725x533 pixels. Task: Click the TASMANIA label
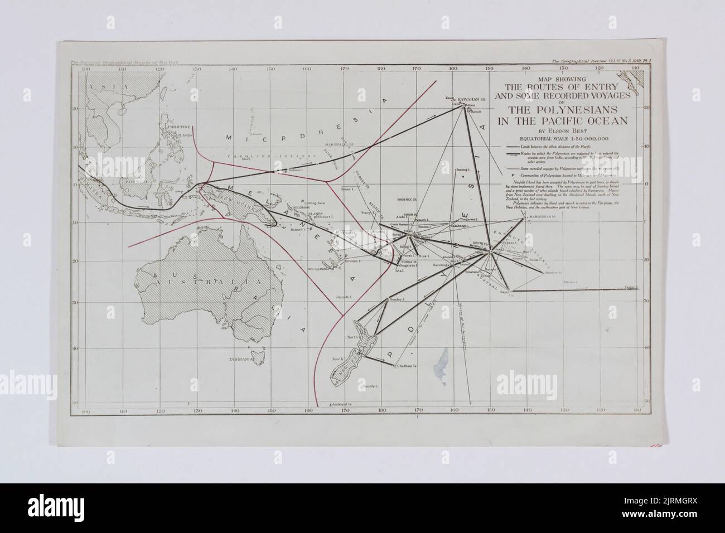241,360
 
